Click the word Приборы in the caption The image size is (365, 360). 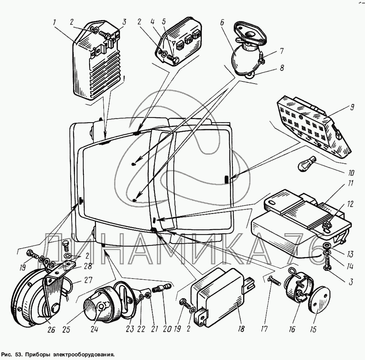38,354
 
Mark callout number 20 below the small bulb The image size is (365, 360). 167,329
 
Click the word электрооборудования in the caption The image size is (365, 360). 84,354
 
